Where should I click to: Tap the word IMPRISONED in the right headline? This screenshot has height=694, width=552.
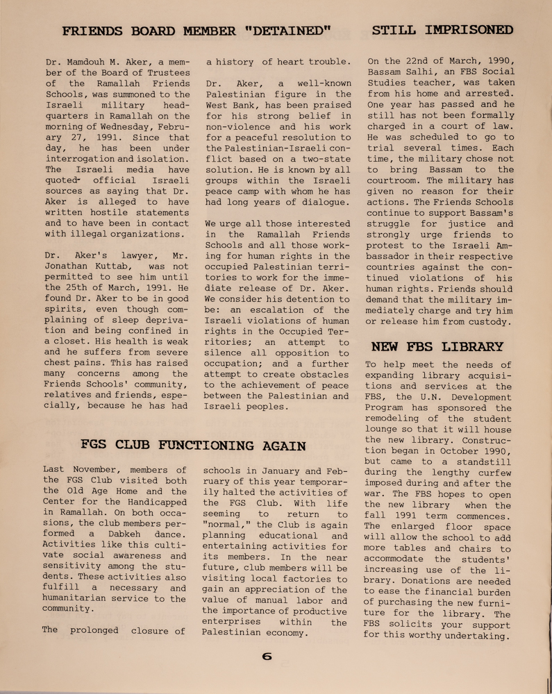click(x=469, y=31)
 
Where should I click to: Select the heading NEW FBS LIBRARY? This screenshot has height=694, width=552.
click(x=437, y=346)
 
